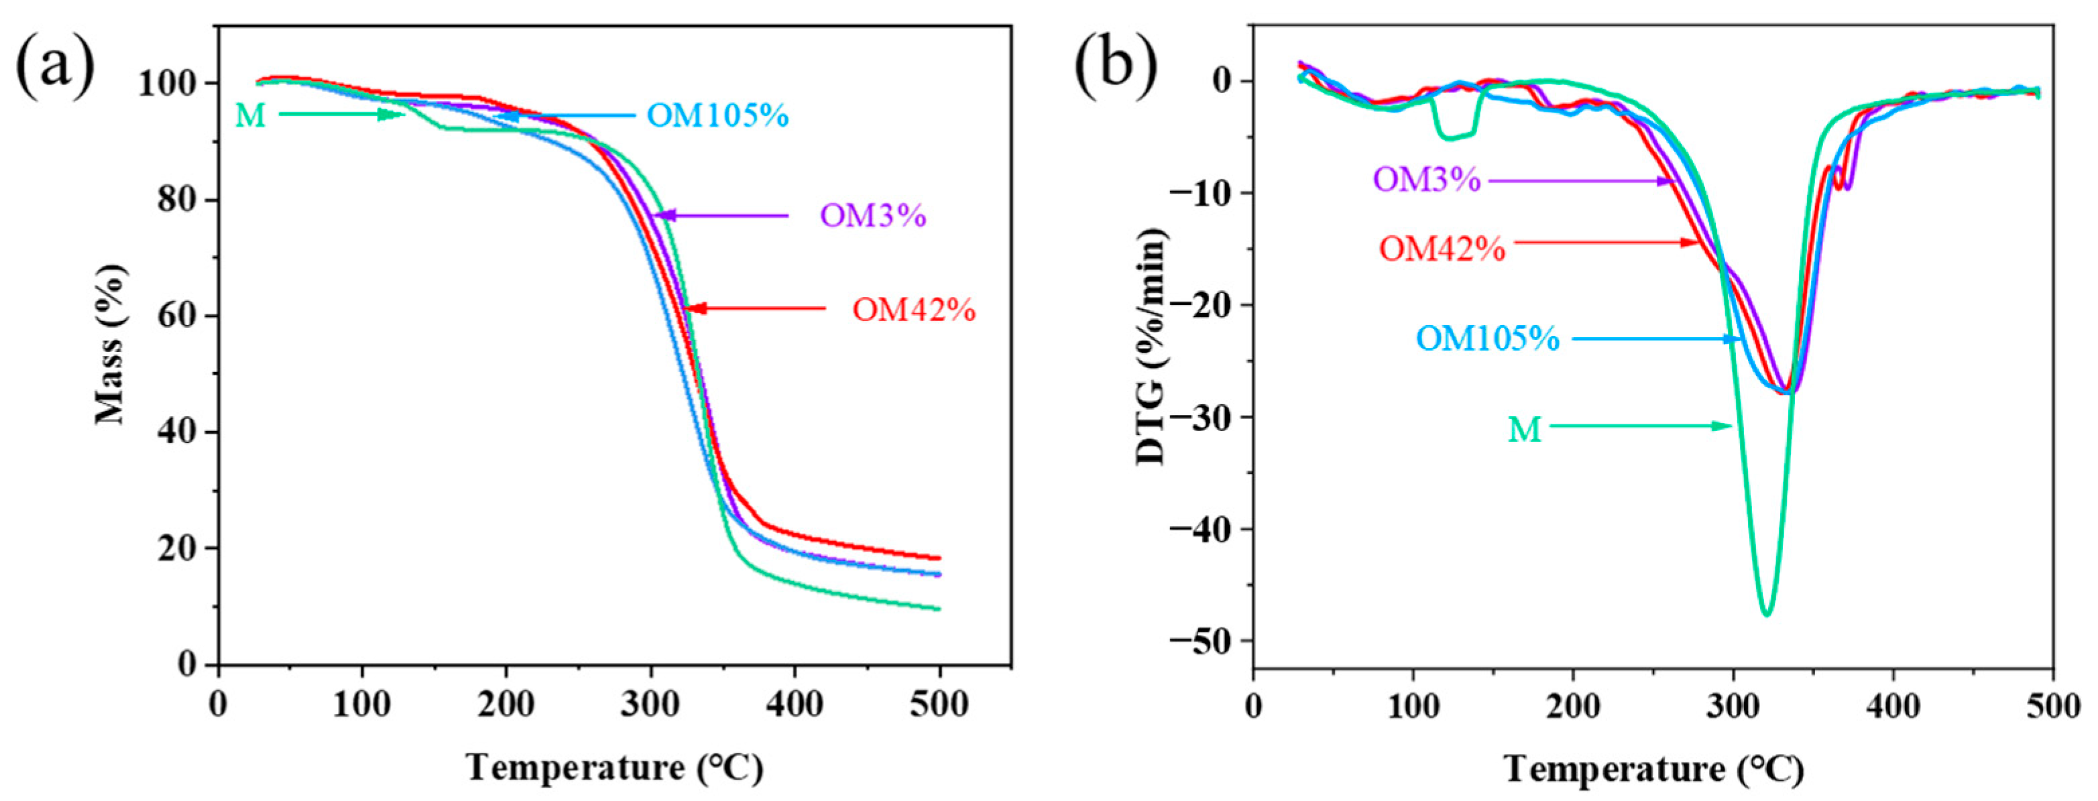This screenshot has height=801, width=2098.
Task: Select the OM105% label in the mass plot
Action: (x=717, y=115)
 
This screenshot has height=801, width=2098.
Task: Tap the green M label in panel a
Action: (x=250, y=115)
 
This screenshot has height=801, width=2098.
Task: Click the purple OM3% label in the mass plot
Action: (x=873, y=216)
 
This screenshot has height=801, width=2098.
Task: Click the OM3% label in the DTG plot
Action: (x=1427, y=179)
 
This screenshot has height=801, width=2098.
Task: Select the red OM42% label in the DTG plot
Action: (x=1442, y=248)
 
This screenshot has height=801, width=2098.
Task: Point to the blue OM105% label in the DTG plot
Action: (x=1487, y=338)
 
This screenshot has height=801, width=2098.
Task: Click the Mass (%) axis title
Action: (x=111, y=345)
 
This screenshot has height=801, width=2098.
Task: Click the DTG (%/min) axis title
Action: (x=1151, y=346)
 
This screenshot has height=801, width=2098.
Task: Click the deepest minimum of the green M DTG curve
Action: (x=1765, y=615)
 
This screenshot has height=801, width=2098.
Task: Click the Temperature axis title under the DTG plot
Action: (x=1654, y=768)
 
